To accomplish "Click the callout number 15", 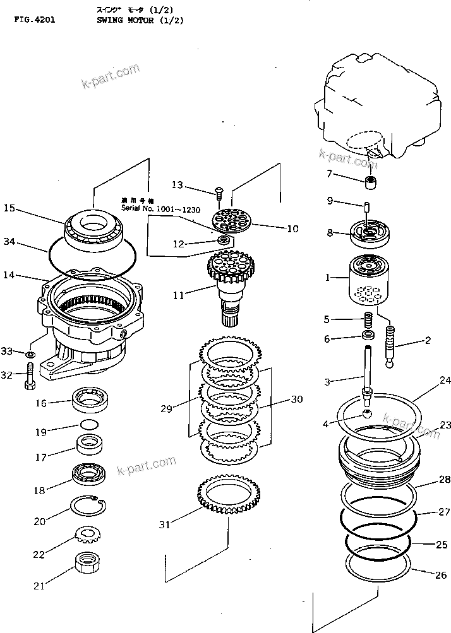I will pyautogui.click(x=9, y=208).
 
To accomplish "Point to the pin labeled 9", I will pyautogui.click(x=366, y=206).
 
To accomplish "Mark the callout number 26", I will pyautogui.click(x=440, y=575).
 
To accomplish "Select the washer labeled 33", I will pyautogui.click(x=30, y=353).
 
